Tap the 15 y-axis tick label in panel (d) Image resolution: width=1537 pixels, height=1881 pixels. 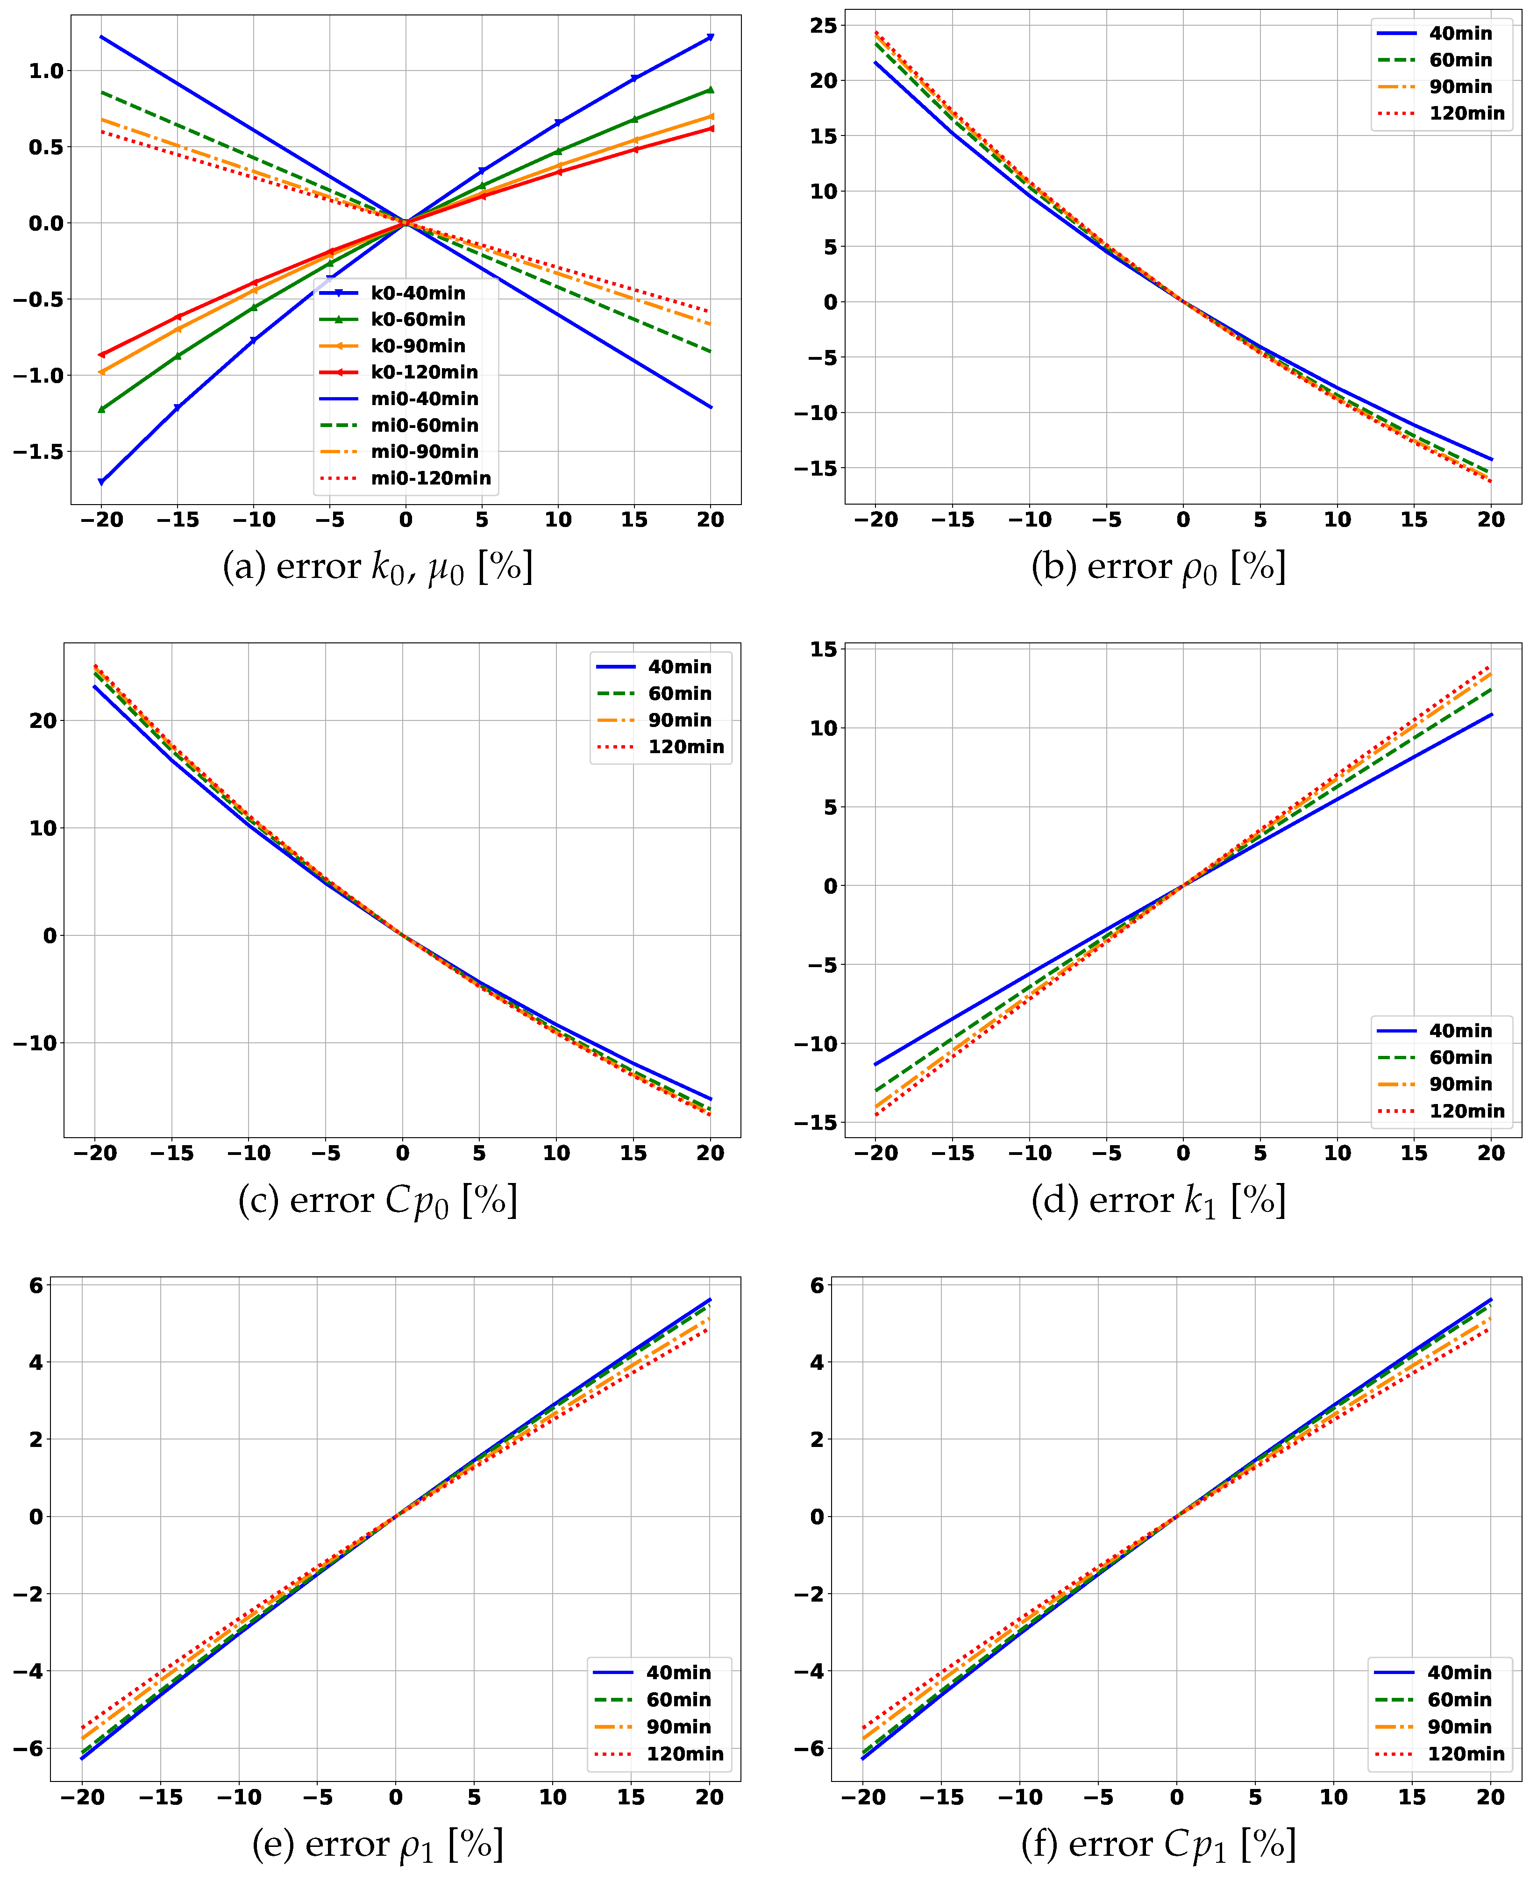coord(823,649)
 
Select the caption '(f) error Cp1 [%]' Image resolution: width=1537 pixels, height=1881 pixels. coord(1158,1845)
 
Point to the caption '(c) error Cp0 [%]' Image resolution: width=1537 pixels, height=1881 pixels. coord(378,1201)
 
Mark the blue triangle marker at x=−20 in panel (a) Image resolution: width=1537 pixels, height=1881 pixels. coord(101,482)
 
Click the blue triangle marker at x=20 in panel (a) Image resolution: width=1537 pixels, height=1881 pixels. coord(710,37)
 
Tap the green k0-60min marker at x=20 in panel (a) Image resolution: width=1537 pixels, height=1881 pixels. coord(710,89)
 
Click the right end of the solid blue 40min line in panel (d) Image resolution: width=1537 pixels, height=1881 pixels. coord(1492,715)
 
